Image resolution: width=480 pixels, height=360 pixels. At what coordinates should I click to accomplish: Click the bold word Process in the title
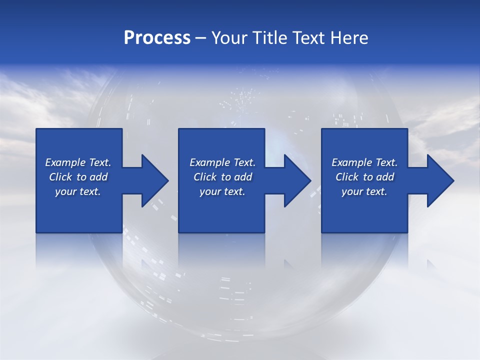[157, 38]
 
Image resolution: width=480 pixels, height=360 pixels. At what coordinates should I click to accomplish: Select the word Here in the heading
[349, 38]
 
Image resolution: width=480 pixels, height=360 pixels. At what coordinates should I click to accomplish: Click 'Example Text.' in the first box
[78, 162]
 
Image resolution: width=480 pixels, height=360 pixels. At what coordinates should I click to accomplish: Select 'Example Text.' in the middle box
[222, 162]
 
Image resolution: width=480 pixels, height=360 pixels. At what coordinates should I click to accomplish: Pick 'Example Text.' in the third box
[364, 162]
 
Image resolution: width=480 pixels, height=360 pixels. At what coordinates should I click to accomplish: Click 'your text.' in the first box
[78, 191]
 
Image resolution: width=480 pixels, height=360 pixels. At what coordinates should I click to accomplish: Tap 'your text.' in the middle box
[222, 191]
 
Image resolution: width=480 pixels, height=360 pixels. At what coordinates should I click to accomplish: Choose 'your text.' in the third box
[364, 191]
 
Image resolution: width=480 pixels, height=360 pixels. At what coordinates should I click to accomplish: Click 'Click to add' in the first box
[78, 177]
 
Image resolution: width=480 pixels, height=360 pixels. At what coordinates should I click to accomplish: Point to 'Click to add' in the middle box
[222, 177]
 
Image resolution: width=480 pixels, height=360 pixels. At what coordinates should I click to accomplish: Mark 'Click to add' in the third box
[364, 177]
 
